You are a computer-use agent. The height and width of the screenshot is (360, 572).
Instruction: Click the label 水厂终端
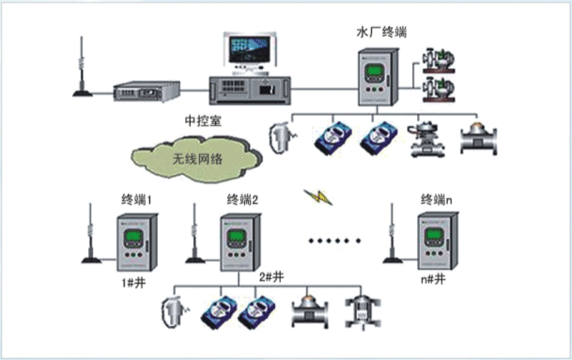(x=381, y=33)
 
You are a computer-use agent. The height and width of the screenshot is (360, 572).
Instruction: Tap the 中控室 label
(x=203, y=121)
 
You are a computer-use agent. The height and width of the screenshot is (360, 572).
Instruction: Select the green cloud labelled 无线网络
(x=196, y=159)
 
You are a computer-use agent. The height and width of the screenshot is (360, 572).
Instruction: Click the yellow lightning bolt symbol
(x=318, y=197)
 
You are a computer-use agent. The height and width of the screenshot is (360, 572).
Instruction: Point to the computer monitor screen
(x=250, y=49)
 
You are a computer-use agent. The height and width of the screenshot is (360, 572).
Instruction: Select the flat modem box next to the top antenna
(x=147, y=91)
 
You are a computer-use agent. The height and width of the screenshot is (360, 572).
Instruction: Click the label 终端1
(x=136, y=200)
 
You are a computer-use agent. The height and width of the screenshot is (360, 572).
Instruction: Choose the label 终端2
(x=242, y=199)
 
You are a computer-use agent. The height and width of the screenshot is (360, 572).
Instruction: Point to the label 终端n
(x=437, y=199)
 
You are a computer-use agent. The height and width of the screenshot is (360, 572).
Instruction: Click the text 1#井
(x=133, y=283)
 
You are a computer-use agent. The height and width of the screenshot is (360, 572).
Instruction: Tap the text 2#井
(x=271, y=277)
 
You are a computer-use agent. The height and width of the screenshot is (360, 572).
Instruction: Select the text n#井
(x=433, y=280)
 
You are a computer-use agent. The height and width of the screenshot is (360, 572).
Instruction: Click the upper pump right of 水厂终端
(x=439, y=60)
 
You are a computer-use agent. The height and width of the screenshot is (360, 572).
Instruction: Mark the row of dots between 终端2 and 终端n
(x=334, y=241)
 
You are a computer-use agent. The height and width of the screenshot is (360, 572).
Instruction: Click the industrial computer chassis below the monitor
(x=250, y=90)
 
